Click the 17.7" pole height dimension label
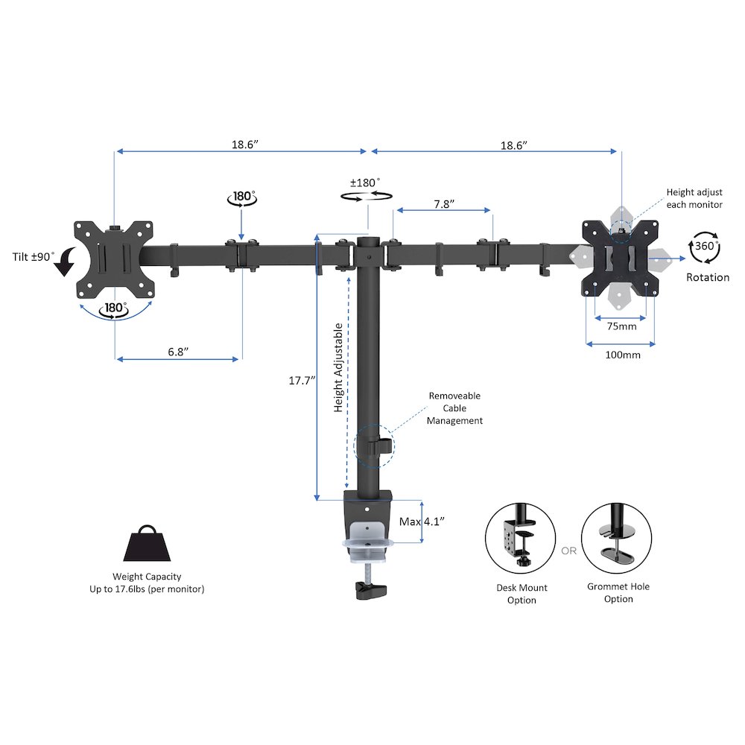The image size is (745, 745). (302, 381)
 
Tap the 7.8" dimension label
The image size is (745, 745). (444, 204)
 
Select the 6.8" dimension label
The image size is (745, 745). (178, 352)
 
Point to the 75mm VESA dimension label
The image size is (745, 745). (621, 326)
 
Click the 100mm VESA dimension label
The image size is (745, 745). (622, 355)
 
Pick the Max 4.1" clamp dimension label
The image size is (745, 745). (422, 521)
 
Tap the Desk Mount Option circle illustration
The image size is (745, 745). (520, 539)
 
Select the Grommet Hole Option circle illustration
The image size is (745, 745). (616, 537)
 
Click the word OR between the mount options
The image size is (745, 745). (568, 551)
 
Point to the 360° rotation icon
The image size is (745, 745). (705, 247)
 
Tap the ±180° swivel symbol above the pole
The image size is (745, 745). (367, 195)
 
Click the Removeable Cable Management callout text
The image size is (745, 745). (454, 408)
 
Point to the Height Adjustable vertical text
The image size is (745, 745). (337, 368)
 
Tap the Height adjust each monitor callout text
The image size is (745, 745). (694, 199)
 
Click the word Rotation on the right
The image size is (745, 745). (708, 277)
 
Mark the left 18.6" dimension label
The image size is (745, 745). (244, 145)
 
